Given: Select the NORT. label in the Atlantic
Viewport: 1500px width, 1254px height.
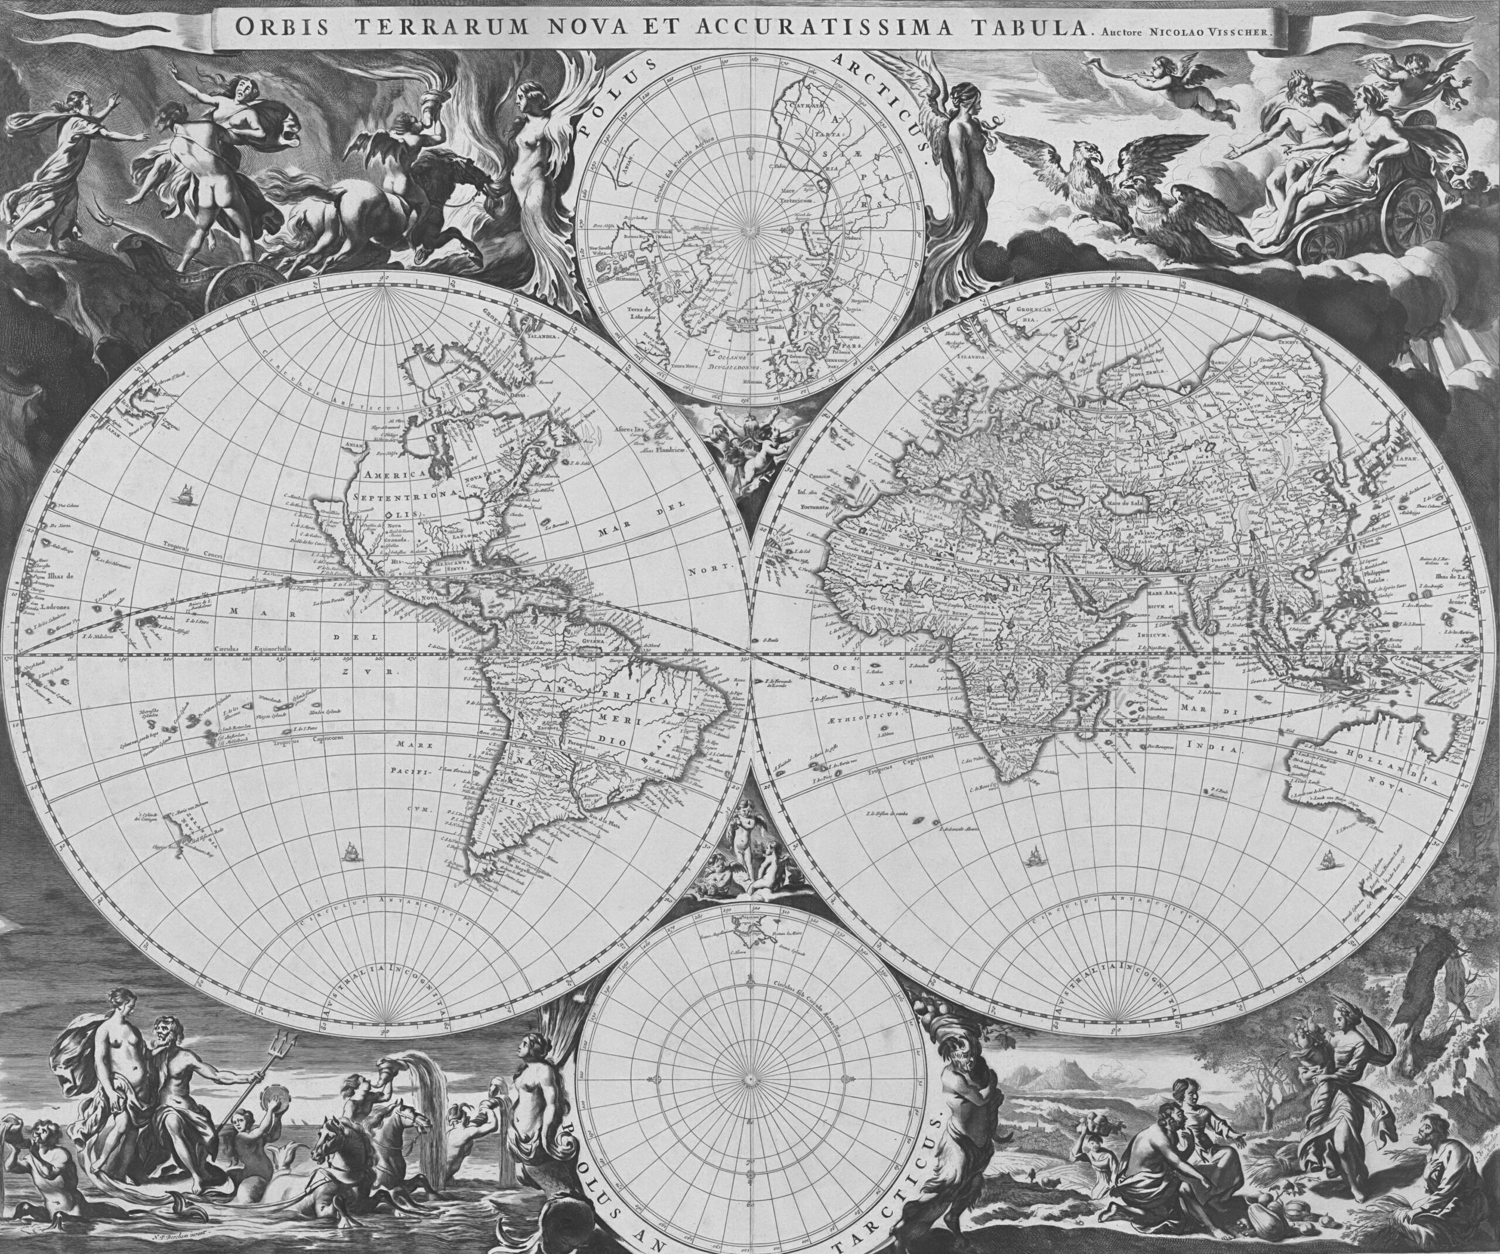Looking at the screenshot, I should pyautogui.click(x=711, y=568).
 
